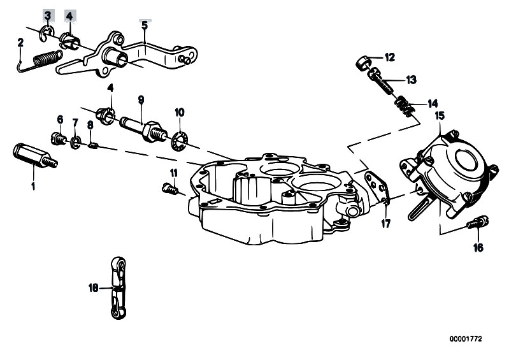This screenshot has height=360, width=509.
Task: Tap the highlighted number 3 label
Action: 48,15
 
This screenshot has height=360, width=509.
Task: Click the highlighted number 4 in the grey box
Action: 69,15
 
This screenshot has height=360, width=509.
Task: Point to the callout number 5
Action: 145,25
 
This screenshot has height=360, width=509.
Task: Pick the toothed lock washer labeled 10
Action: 180,137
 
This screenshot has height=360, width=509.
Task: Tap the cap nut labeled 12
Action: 362,62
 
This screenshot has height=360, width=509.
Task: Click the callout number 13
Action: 411,80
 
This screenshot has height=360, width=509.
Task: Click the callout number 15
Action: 439,116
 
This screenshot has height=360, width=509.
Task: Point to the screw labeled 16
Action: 478,223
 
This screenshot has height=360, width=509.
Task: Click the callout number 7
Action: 75,122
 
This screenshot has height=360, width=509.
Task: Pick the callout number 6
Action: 61,119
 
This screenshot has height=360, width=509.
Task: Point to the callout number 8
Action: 90,125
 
